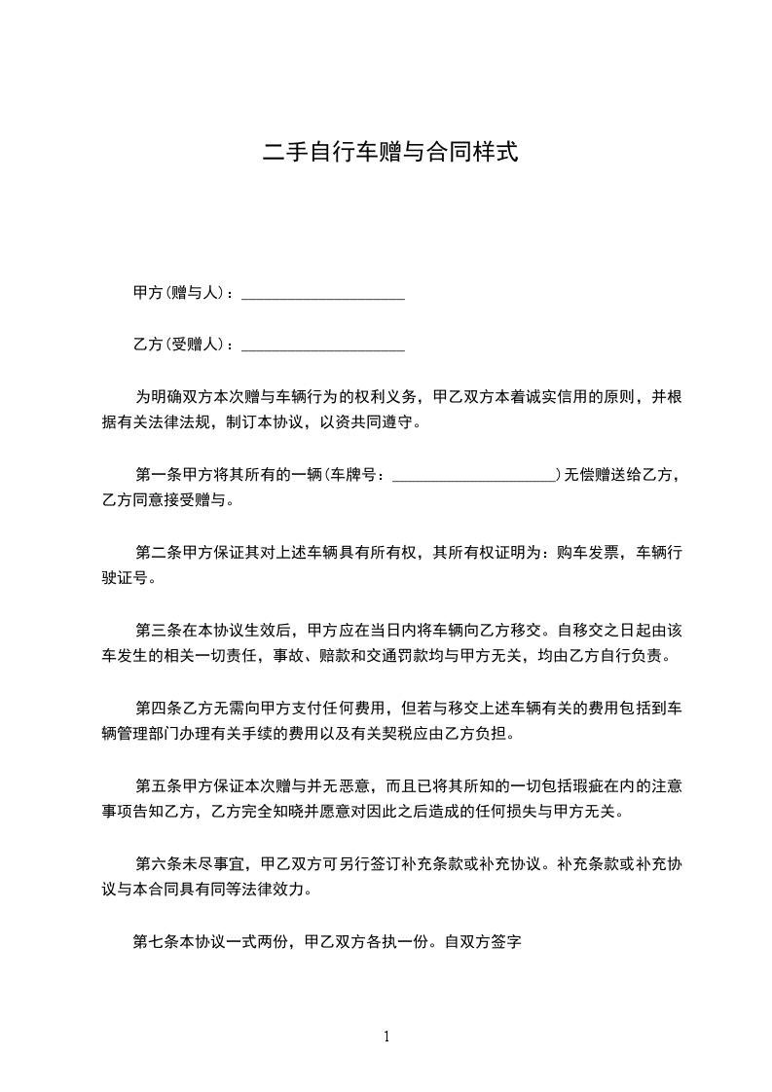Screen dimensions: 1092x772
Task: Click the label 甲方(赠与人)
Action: pyautogui.click(x=179, y=292)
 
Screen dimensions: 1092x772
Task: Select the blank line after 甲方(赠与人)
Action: pyautogui.click(x=322, y=295)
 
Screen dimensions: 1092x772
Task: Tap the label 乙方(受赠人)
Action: pyautogui.click(x=179, y=344)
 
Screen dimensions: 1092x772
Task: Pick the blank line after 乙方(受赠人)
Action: pyautogui.click(x=322, y=346)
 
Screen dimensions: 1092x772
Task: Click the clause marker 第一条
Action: pyautogui.click(x=156, y=475)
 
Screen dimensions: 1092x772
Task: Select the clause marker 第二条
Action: pyautogui.click(x=156, y=553)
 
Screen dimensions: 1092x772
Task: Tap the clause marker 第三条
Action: pyautogui.click(x=156, y=630)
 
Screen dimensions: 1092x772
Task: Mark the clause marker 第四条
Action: pyautogui.click(x=156, y=708)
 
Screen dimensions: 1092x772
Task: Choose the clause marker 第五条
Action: pyautogui.click(x=156, y=785)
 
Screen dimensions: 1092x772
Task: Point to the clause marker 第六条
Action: pyautogui.click(x=156, y=863)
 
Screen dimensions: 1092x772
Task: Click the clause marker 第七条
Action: pyautogui.click(x=153, y=941)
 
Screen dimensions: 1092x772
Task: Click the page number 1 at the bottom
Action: pyautogui.click(x=386, y=1037)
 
